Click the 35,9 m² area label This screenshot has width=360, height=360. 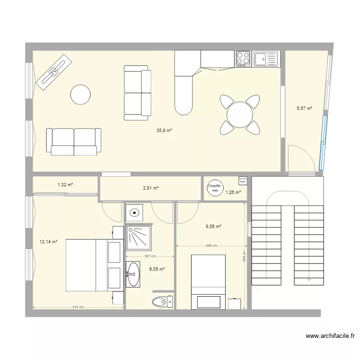164,130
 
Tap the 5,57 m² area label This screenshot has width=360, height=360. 304,108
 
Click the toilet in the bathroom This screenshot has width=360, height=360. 162,302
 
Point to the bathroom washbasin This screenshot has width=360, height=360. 133,275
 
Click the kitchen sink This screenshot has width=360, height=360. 265,59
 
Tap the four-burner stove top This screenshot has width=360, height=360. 243,59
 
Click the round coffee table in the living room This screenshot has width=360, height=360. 80,95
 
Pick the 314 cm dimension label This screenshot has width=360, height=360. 78,307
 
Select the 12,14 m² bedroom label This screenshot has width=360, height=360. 48,242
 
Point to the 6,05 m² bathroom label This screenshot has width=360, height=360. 156,269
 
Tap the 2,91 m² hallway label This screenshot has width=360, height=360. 150,188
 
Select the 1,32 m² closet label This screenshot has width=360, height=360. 65,184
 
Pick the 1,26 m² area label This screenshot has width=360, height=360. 233,192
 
